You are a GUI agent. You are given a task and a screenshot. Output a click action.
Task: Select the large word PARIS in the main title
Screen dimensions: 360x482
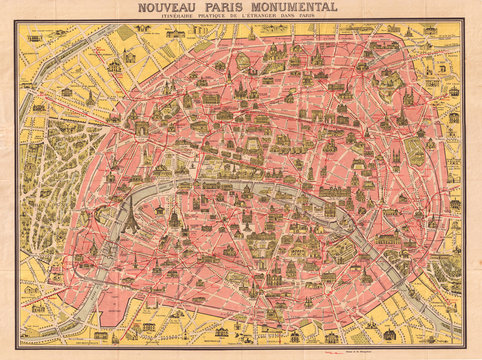coord(229,8)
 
